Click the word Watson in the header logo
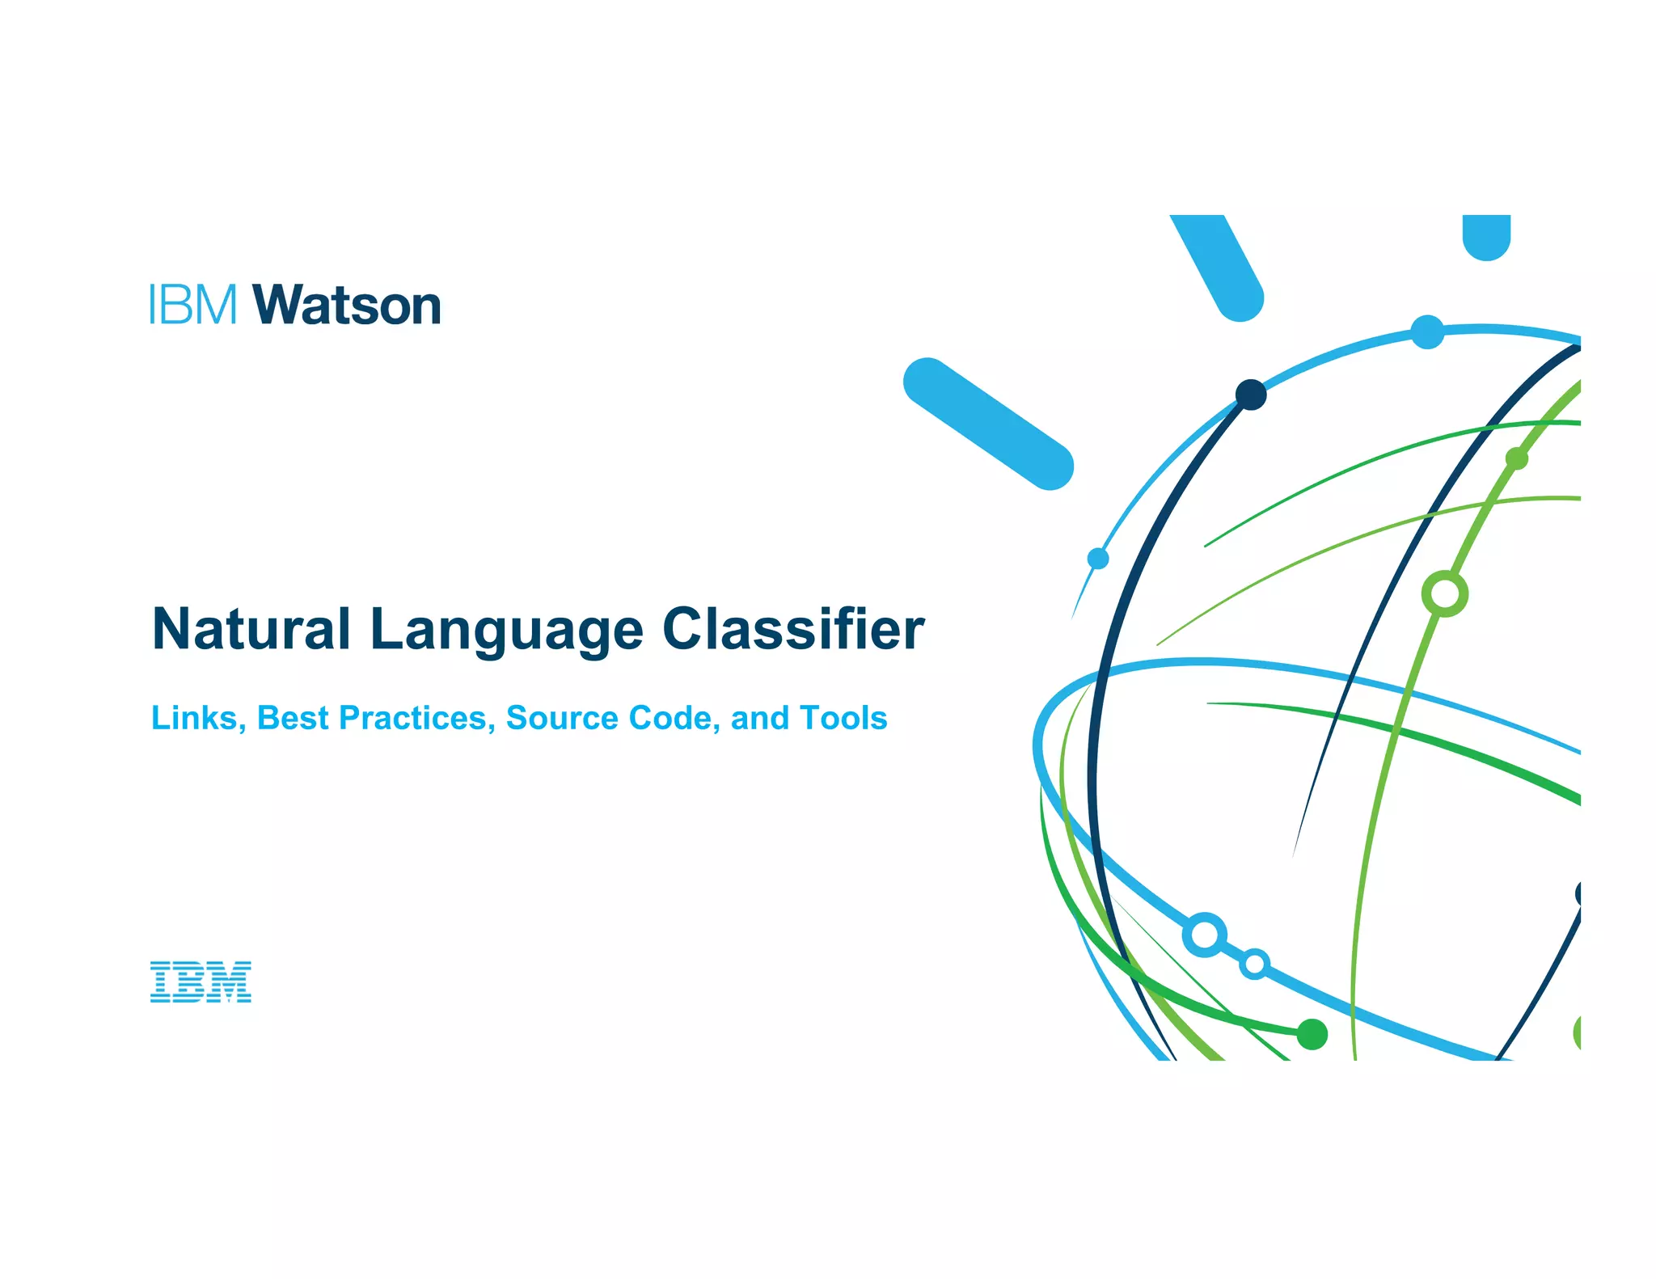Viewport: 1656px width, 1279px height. tap(347, 306)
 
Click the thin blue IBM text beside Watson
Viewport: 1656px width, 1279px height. tap(193, 305)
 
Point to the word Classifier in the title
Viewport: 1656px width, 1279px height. tap(793, 629)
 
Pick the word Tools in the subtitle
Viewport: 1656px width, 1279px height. tap(843, 718)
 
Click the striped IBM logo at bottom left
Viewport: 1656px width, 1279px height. tap(201, 982)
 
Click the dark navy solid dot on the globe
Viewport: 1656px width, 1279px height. tap(1250, 395)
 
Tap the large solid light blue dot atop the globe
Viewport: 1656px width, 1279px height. tap(1427, 331)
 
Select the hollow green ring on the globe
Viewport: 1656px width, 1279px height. tap(1444, 594)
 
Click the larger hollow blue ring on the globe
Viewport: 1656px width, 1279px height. tap(1204, 935)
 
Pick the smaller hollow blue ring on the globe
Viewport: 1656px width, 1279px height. tap(1254, 964)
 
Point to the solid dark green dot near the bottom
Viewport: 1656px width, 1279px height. tap(1312, 1034)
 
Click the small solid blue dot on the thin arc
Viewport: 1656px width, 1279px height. tap(1098, 559)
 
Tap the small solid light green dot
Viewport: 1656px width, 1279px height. tap(1517, 459)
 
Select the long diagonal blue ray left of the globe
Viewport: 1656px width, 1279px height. tap(988, 424)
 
